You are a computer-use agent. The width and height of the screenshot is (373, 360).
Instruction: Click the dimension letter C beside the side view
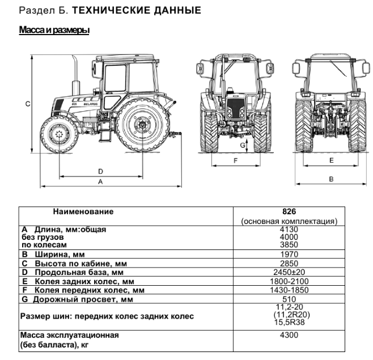pos(27,104)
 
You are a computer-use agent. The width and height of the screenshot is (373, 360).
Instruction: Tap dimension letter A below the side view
pos(100,182)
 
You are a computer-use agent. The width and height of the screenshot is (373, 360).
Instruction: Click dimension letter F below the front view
pos(235,161)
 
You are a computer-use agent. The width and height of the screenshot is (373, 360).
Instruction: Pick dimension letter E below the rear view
pos(331,161)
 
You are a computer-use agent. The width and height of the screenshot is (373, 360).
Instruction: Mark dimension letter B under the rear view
pos(331,179)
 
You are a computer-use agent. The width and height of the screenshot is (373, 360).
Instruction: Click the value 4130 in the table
pos(290,230)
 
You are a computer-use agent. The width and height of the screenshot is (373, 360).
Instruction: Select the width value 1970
pos(290,255)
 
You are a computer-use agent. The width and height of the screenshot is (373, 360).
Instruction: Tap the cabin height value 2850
pos(290,264)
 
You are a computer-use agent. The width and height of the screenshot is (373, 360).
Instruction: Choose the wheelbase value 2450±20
pos(290,272)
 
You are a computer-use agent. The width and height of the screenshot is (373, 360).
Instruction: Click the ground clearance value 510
pos(290,299)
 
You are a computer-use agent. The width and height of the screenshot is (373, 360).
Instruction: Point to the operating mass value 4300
pos(290,335)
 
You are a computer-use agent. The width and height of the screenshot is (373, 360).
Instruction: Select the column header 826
pos(290,211)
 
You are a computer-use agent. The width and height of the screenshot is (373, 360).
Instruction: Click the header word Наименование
pos(83,211)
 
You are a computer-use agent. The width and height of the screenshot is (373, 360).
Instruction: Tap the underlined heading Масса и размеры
pos(54,29)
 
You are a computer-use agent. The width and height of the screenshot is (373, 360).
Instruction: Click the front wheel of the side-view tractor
pos(58,135)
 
